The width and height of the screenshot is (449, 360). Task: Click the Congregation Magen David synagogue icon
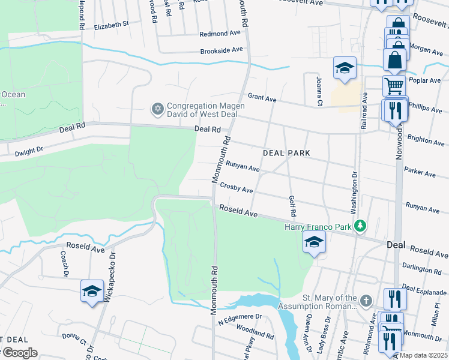click(x=157, y=109)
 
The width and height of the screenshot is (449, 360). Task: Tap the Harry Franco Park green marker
click(x=360, y=226)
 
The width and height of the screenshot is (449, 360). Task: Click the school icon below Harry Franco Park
click(x=314, y=242)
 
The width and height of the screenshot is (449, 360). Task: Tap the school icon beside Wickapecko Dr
click(x=91, y=291)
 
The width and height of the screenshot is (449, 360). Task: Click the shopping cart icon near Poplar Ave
click(x=394, y=85)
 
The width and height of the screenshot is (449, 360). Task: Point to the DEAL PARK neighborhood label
click(x=286, y=153)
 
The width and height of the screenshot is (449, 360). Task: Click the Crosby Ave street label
click(x=236, y=188)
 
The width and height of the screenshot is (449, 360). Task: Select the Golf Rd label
click(x=292, y=206)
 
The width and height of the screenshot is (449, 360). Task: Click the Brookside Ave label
click(x=221, y=50)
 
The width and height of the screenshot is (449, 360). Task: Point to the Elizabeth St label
click(x=112, y=25)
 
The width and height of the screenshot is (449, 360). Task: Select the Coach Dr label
click(x=64, y=263)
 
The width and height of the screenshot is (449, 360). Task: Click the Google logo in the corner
click(x=19, y=353)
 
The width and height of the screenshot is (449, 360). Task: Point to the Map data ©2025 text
click(x=424, y=355)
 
